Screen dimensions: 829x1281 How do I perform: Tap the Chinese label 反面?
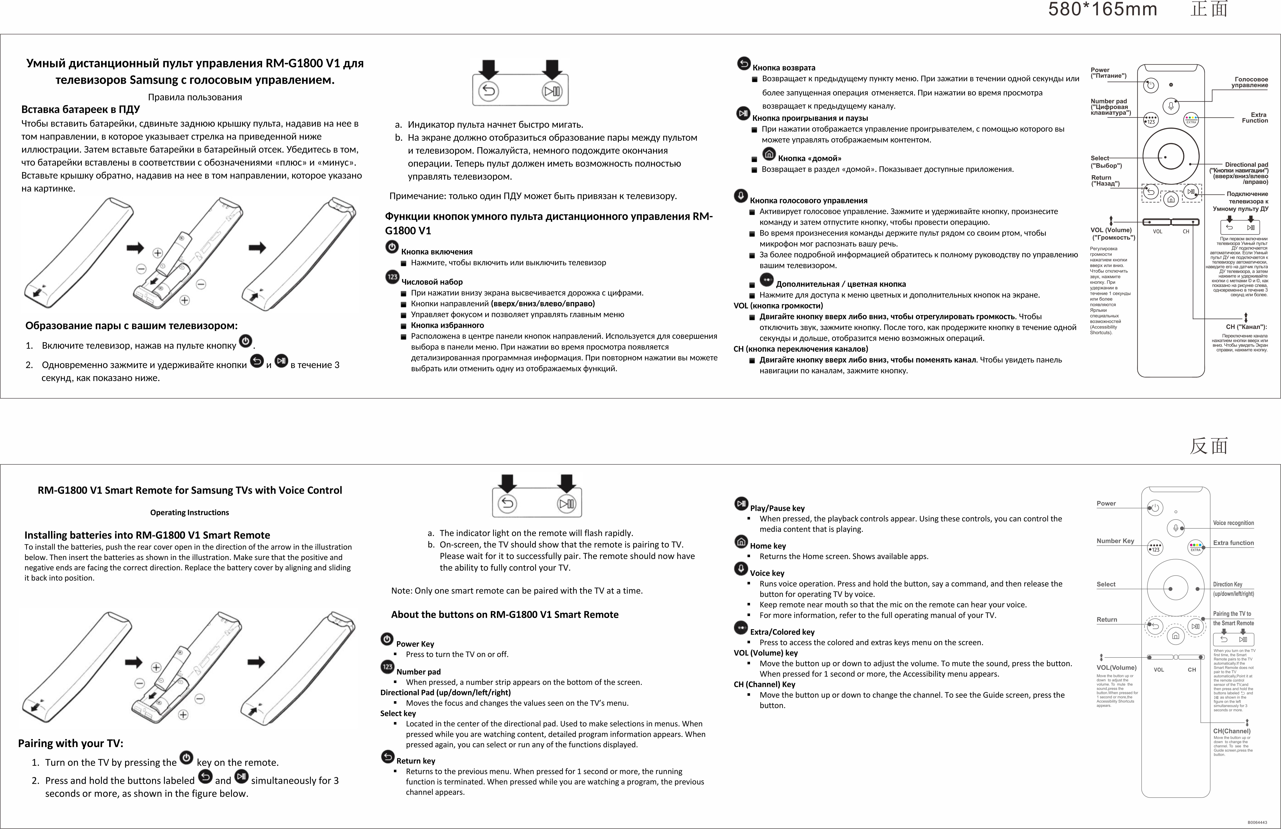coord(1209,446)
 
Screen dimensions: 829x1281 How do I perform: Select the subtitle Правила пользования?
coord(195,97)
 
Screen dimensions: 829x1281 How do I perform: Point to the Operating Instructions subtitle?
coord(190,512)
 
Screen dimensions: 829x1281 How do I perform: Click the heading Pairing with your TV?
coord(70,743)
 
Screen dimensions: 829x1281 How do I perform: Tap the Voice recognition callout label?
coord(1233,523)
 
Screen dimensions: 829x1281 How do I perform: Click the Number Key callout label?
coord(1115,541)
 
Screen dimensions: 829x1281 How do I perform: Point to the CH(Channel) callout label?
coord(1231,731)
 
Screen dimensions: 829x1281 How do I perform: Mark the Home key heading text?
coord(768,546)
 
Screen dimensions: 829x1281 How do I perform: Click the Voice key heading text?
coord(767,573)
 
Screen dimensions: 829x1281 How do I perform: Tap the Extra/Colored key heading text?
coord(782,632)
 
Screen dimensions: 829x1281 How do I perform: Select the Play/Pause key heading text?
coord(777,508)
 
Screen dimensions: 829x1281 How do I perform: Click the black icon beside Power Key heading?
coord(387,639)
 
